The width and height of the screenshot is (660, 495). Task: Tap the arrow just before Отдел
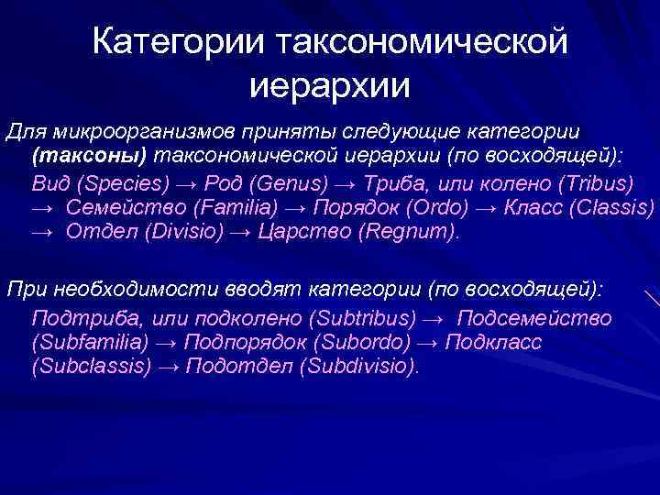(x=42, y=233)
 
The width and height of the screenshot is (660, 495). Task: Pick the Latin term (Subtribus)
(x=364, y=318)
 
